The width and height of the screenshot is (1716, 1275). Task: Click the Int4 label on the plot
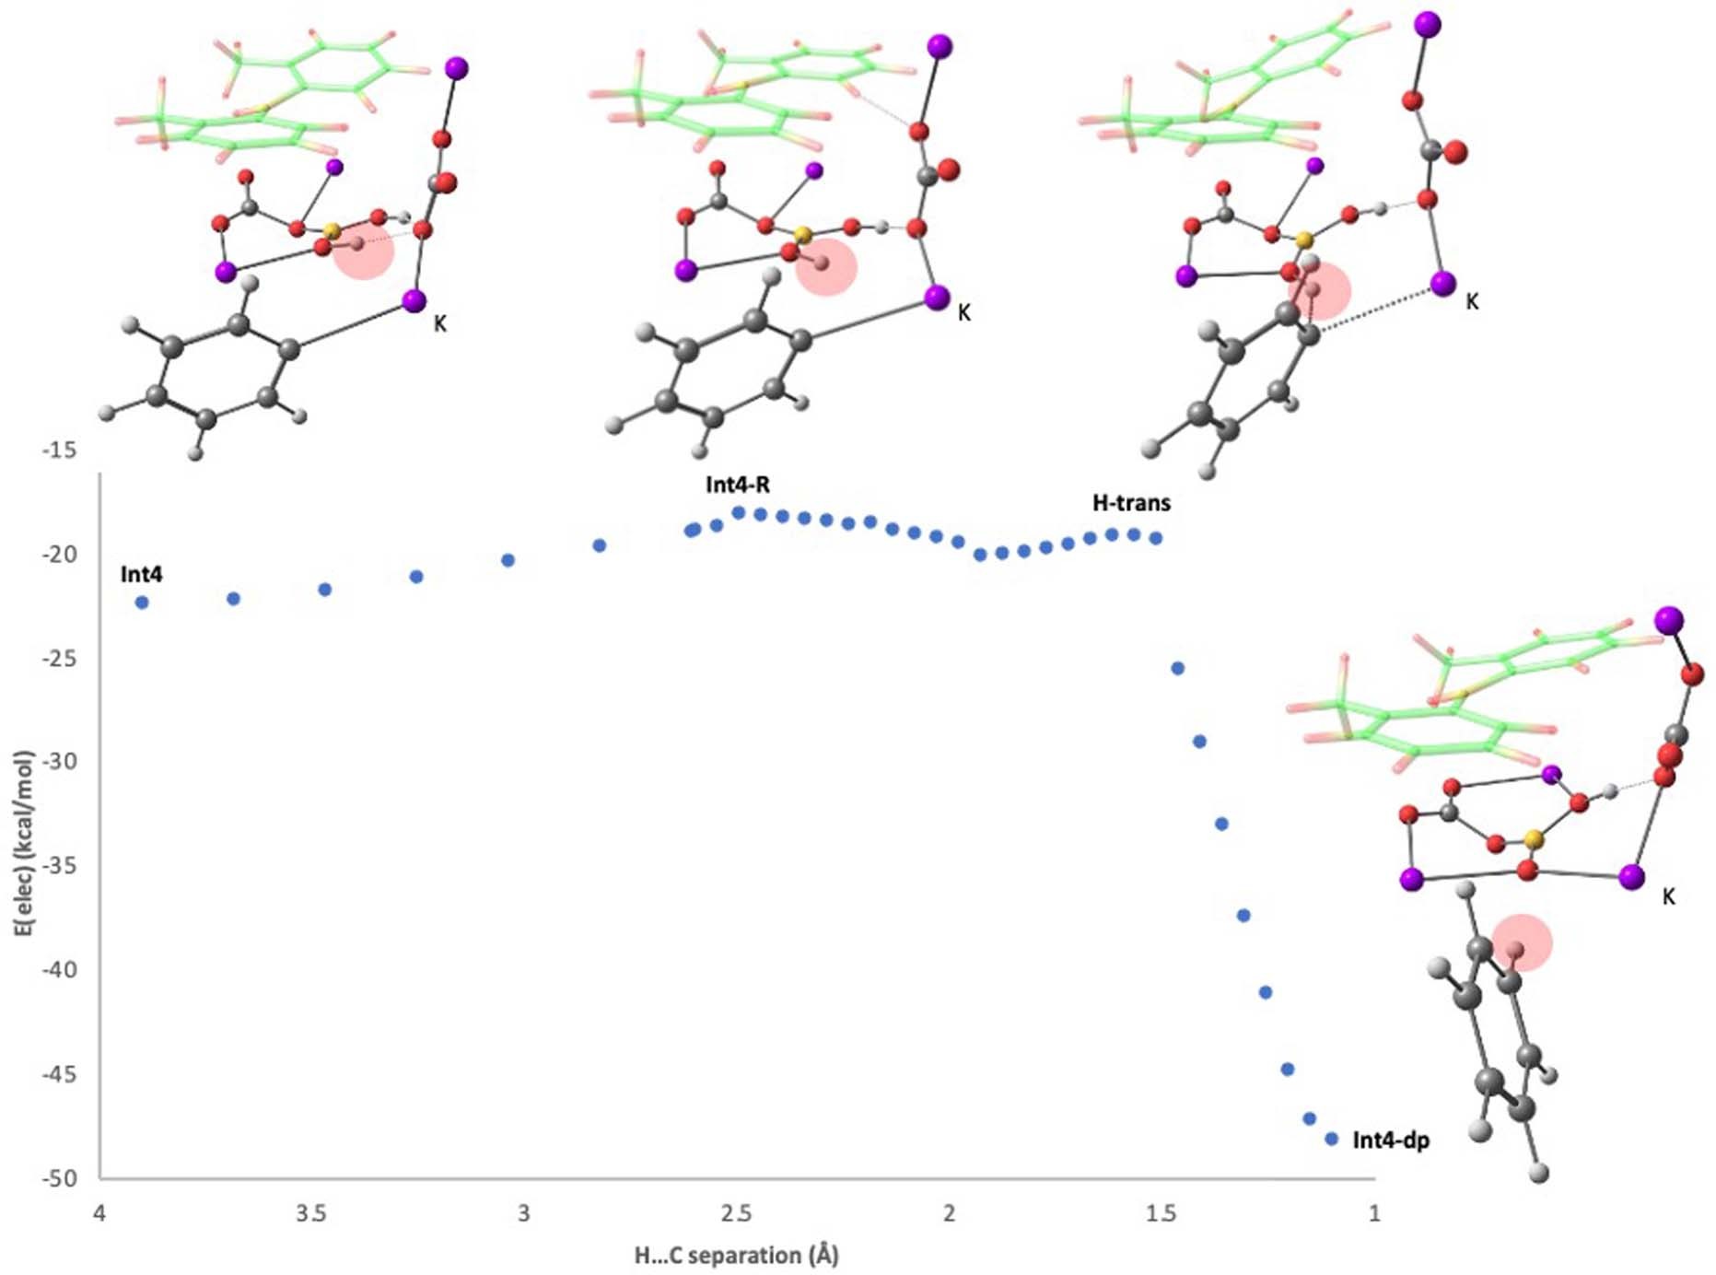(141, 574)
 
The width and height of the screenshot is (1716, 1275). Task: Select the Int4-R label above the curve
(738, 485)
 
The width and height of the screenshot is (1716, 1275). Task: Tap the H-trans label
(1131, 503)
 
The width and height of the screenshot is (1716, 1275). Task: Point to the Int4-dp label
(1390, 1140)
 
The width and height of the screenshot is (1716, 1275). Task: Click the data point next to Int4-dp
(1331, 1140)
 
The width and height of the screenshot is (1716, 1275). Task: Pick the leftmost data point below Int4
(142, 602)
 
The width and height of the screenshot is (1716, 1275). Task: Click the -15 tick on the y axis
(59, 450)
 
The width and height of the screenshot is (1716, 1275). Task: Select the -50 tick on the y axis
(59, 1178)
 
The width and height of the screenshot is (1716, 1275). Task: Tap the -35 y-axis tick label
(59, 866)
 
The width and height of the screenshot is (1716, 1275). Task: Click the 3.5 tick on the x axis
(311, 1213)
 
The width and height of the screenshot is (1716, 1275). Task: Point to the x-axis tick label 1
(1374, 1213)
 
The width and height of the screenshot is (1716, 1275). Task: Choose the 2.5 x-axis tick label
(736, 1213)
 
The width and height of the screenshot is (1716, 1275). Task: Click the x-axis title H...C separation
(736, 1255)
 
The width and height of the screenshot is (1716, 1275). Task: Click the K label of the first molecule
(440, 323)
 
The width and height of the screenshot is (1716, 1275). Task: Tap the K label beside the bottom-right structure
(1668, 896)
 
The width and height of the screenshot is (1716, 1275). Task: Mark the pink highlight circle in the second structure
(826, 267)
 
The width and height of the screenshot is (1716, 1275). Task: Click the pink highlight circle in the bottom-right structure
(1522, 942)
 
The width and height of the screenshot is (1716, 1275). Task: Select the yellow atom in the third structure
(1303, 240)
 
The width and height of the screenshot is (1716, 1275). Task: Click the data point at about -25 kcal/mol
(1177, 668)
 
